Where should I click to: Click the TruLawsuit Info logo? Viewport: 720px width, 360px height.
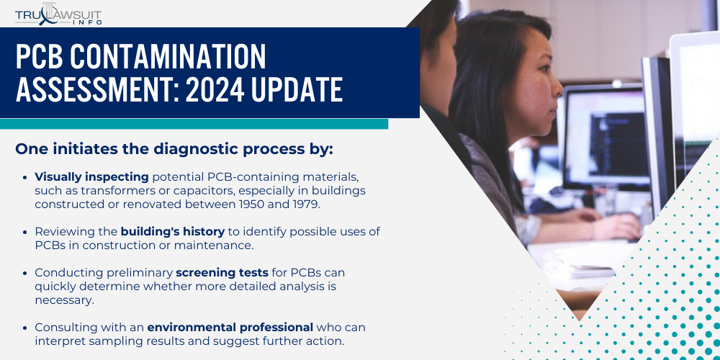point(58,14)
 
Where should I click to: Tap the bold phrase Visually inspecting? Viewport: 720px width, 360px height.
point(91,176)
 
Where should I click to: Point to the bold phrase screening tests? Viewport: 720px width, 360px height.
point(222,273)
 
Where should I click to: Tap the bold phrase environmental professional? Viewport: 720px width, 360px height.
point(230,328)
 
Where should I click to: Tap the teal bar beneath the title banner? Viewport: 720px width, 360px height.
point(194,124)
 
